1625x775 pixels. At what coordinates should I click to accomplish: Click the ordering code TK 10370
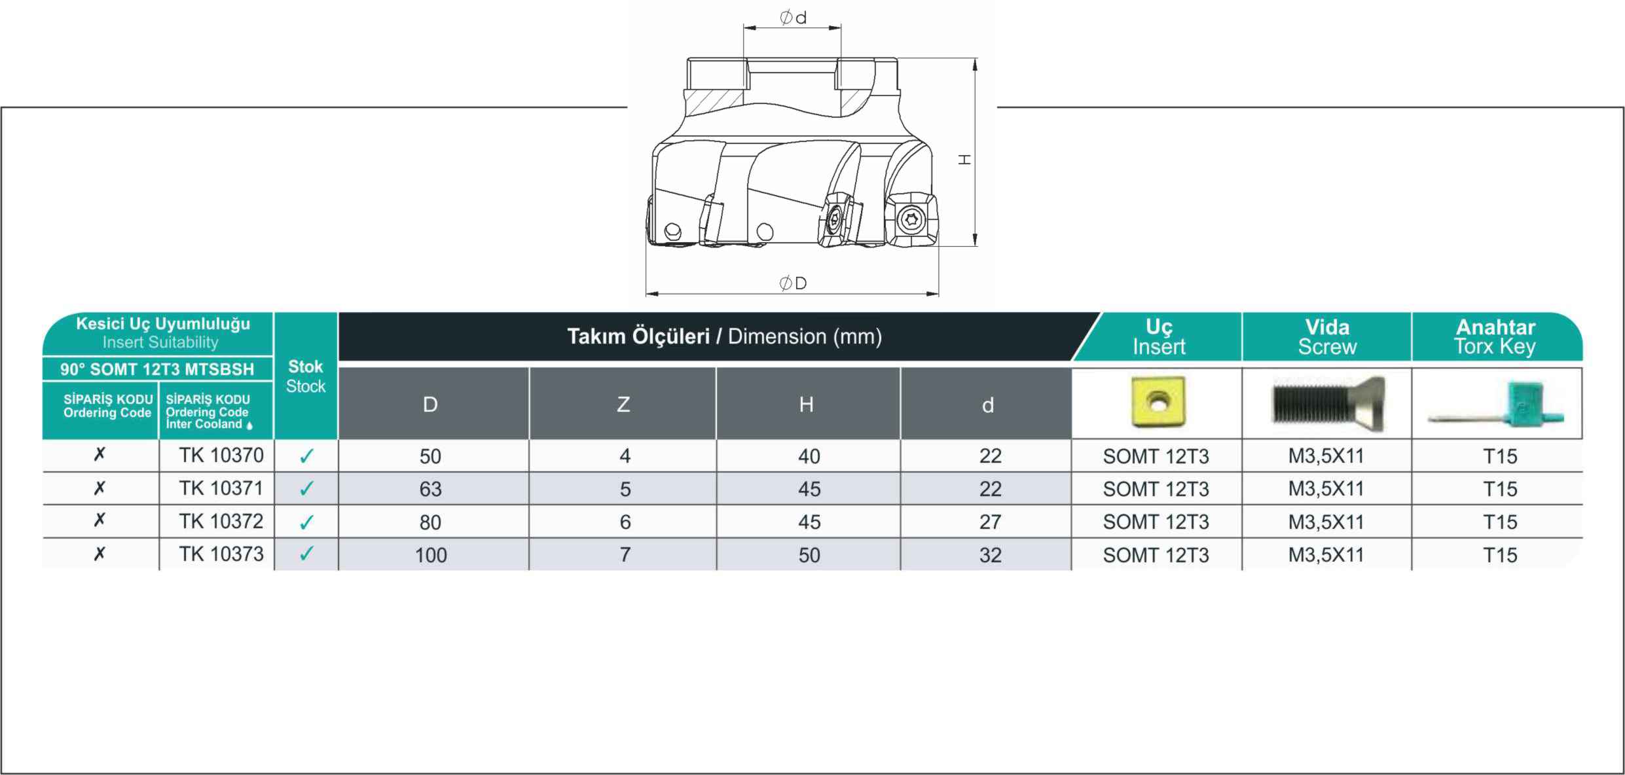pos(221,456)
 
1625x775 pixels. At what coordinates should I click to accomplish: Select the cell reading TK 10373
pos(221,554)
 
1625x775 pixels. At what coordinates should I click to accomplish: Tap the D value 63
pos(431,490)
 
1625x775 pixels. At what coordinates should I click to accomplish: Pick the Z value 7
pos(625,555)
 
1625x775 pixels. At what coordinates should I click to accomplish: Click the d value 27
pos(990,522)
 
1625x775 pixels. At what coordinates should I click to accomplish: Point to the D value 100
pos(431,556)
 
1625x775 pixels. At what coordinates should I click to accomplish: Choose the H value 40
pos(809,457)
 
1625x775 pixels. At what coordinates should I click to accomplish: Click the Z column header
pos(623,405)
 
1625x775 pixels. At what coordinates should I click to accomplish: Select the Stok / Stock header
pos(306,376)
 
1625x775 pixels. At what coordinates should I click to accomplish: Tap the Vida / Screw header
pos(1327,337)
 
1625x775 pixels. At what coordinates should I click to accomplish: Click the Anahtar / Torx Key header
pos(1495,337)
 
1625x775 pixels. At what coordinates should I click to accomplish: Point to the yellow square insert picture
pos(1158,402)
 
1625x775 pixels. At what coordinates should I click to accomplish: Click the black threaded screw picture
pos(1328,403)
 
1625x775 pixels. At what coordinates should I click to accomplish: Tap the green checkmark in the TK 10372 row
pos(306,522)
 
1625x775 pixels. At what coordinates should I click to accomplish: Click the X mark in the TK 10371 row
pos(100,488)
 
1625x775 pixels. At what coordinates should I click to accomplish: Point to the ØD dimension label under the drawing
pos(793,283)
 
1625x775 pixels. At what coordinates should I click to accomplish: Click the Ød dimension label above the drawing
pos(793,18)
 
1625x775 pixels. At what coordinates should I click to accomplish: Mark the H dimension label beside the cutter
pos(964,159)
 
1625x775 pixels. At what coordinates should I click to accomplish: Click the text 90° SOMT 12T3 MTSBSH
pos(157,369)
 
